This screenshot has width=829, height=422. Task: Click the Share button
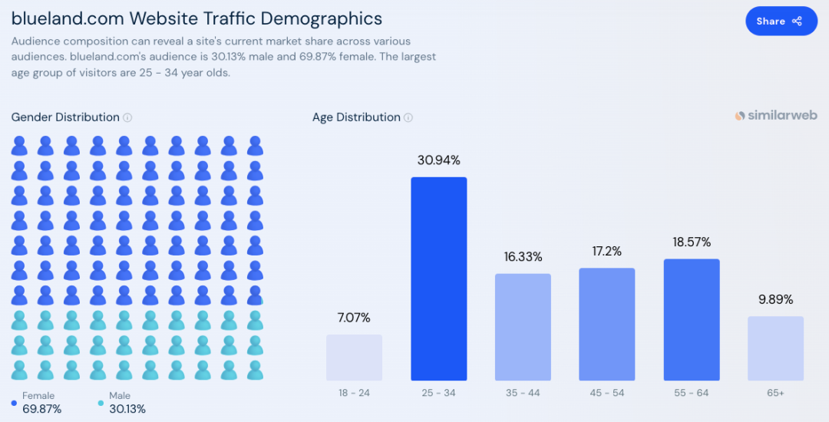[781, 21]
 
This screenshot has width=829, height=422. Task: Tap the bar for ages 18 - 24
[354, 358]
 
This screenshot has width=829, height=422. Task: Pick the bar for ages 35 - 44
[523, 327]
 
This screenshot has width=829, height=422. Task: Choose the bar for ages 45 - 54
[607, 324]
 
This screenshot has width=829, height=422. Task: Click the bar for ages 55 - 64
[692, 319]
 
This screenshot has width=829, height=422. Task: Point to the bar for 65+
[775, 348]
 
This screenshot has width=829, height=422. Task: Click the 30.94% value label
[438, 160]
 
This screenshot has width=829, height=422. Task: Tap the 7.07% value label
[354, 318]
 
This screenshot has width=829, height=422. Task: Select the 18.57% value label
[692, 242]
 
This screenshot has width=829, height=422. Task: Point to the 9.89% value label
[775, 299]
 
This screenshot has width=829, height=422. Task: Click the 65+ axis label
[775, 393]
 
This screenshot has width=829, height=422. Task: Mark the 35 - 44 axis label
[523, 393]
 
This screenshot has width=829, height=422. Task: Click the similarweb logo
[776, 115]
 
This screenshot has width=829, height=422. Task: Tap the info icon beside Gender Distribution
[127, 117]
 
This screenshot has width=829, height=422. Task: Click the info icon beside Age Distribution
[408, 117]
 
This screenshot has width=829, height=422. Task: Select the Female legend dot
[15, 403]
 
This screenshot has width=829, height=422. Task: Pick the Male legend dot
[101, 403]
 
